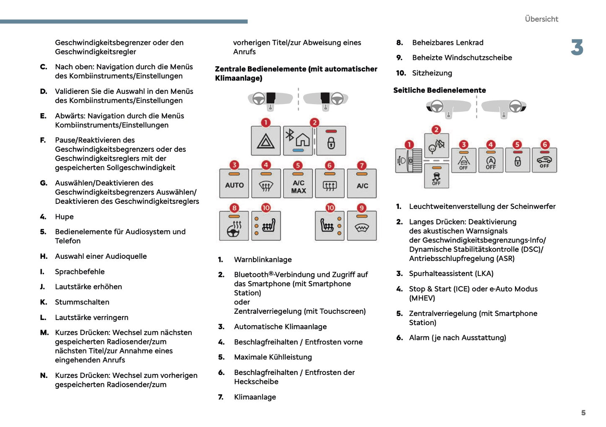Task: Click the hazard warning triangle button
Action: [265, 141]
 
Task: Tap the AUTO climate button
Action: [234, 183]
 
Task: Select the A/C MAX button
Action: [298, 183]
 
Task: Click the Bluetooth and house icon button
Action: [298, 141]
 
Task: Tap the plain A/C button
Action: [362, 183]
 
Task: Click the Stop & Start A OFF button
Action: [491, 160]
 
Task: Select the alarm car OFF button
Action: [544, 160]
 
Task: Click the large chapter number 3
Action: [577, 47]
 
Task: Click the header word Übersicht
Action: [541, 19]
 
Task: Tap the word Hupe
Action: [64, 216]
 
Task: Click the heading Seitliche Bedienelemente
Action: [440, 90]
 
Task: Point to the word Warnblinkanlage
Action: [263, 260]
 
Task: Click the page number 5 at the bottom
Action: [583, 413]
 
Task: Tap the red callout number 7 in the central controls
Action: [362, 165]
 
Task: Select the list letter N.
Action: [44, 375]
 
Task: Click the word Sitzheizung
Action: [432, 73]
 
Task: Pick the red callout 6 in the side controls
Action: [545, 145]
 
